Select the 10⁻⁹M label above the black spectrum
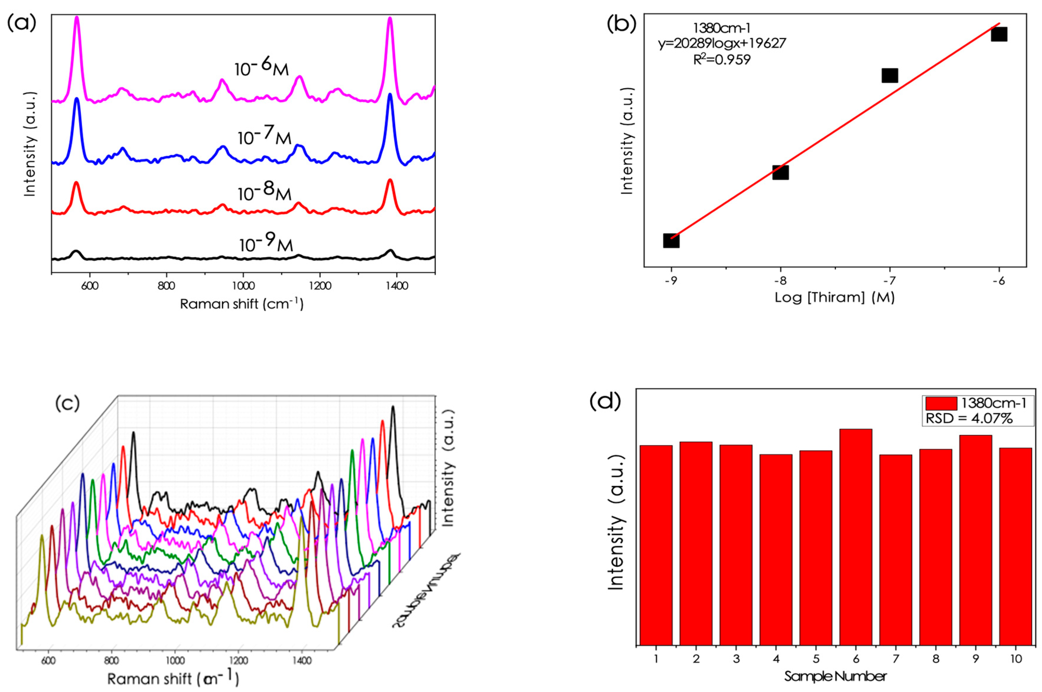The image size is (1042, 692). click(x=266, y=243)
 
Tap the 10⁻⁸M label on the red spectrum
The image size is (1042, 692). click(x=264, y=191)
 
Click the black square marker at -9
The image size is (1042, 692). click(x=671, y=241)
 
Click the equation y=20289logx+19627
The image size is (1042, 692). click(x=722, y=43)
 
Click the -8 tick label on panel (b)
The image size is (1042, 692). click(x=780, y=281)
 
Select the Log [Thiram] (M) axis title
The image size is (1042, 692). click(x=834, y=298)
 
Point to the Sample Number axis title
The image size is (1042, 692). click(x=835, y=676)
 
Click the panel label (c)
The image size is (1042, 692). click(x=67, y=403)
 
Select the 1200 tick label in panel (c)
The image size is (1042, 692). click(x=239, y=661)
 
